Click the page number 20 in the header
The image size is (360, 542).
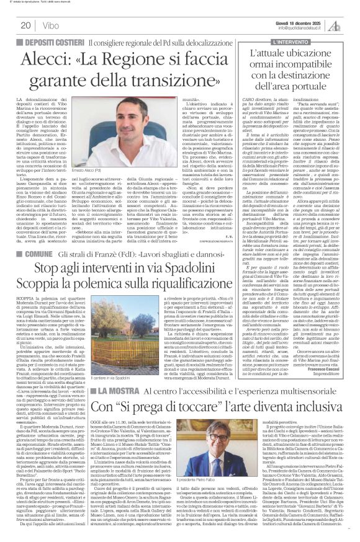coord(27,25)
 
